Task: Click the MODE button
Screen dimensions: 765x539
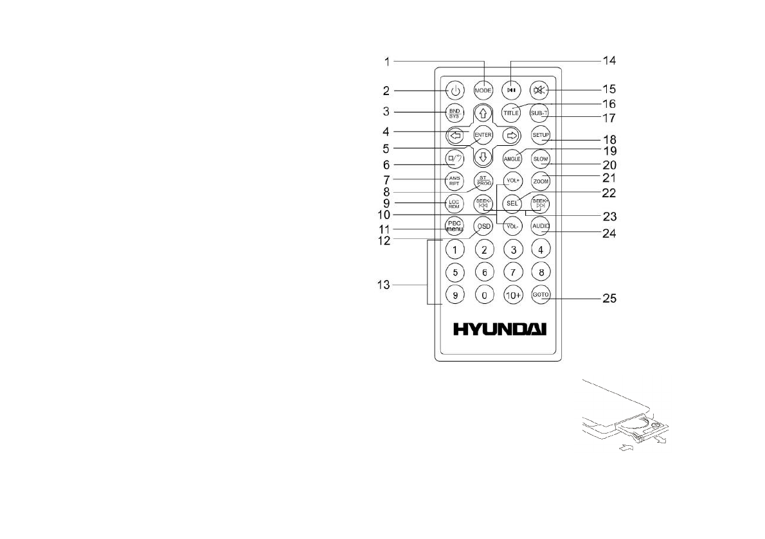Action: coord(483,90)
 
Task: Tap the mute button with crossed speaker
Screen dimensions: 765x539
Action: coord(539,90)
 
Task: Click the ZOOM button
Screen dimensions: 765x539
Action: coord(540,181)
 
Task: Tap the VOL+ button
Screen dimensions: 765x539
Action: coord(512,181)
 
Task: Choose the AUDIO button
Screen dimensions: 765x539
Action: coord(540,226)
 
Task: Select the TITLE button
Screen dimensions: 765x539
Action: coord(511,112)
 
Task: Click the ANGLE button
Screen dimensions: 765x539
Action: coord(512,158)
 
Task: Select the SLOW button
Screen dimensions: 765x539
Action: coord(540,158)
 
